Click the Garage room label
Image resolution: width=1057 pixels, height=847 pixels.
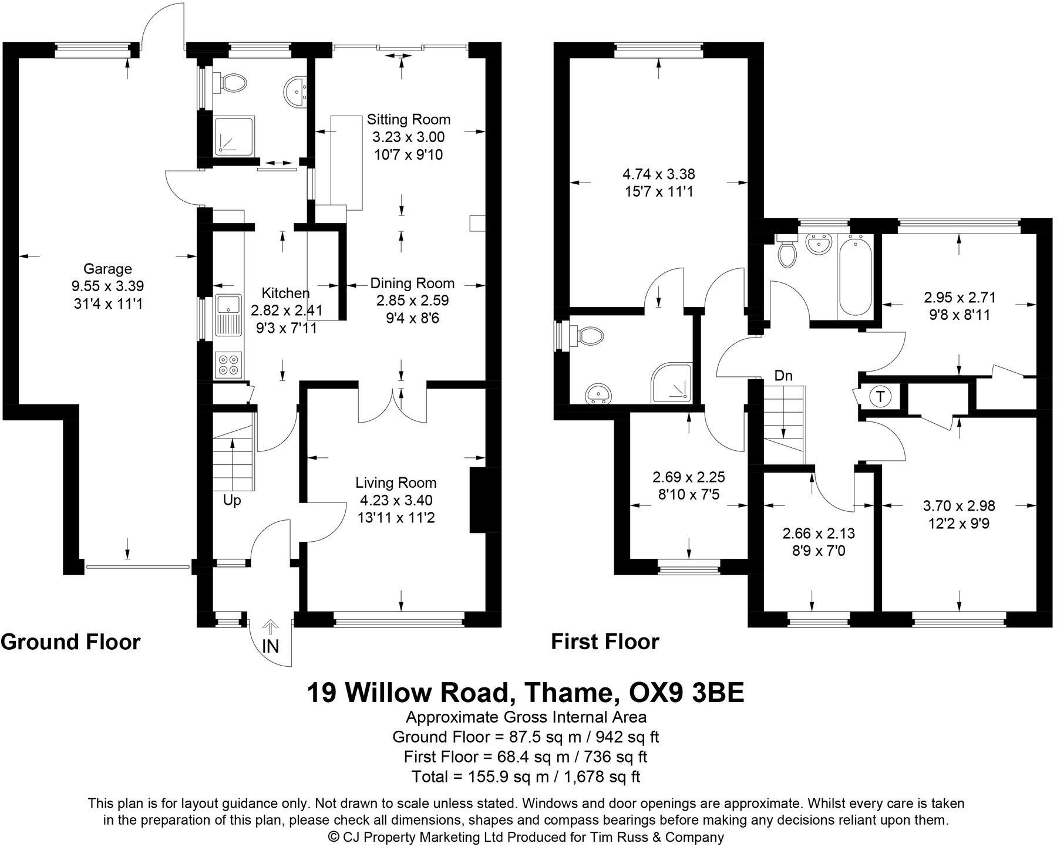(x=107, y=269)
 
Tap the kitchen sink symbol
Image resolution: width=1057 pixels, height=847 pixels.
(x=226, y=305)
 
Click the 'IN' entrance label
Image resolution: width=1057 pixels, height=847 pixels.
(x=270, y=646)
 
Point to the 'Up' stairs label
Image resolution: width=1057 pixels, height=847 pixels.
(x=231, y=501)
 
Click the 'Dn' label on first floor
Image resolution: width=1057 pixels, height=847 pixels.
(x=783, y=376)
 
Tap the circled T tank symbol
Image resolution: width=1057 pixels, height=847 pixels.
(x=880, y=397)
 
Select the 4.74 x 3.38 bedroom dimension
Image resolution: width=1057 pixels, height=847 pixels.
(x=658, y=174)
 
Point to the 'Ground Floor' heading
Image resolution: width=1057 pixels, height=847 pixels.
(x=70, y=642)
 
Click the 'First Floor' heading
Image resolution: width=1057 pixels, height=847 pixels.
(x=605, y=642)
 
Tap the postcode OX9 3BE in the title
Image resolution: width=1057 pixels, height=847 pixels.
(x=686, y=693)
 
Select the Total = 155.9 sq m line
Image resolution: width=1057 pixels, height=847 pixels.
(x=526, y=777)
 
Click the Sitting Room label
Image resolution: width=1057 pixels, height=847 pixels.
(x=408, y=120)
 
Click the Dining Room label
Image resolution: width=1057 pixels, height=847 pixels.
(x=412, y=284)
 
